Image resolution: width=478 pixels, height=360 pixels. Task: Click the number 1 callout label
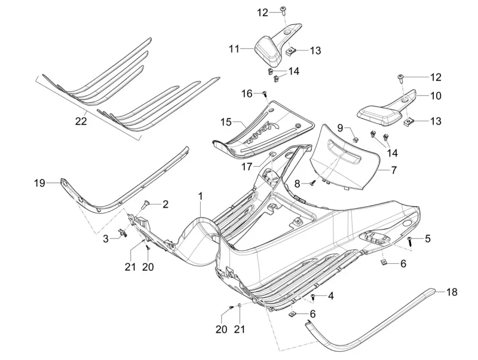[201, 196]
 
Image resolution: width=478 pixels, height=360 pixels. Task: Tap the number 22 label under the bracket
[81, 121]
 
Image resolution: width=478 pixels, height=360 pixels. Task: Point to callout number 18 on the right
[452, 292]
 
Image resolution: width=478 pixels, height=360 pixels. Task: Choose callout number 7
[394, 170]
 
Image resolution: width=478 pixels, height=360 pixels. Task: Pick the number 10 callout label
[436, 95]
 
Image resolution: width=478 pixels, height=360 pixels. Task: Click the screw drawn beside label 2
[144, 204]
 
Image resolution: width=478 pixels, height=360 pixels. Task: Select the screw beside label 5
[410, 240]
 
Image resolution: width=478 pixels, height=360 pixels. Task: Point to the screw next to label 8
[312, 184]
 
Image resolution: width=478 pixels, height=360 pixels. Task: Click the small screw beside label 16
[263, 93]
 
